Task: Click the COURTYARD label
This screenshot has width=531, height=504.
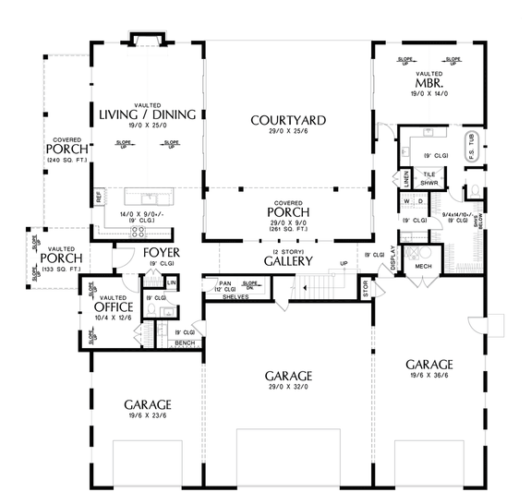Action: [288, 120]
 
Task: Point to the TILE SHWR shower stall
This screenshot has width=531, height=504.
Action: [429, 177]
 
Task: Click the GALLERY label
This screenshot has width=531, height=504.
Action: [288, 261]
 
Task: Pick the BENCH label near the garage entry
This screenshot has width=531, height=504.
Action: [185, 342]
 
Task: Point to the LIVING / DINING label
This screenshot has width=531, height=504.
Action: [148, 114]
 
